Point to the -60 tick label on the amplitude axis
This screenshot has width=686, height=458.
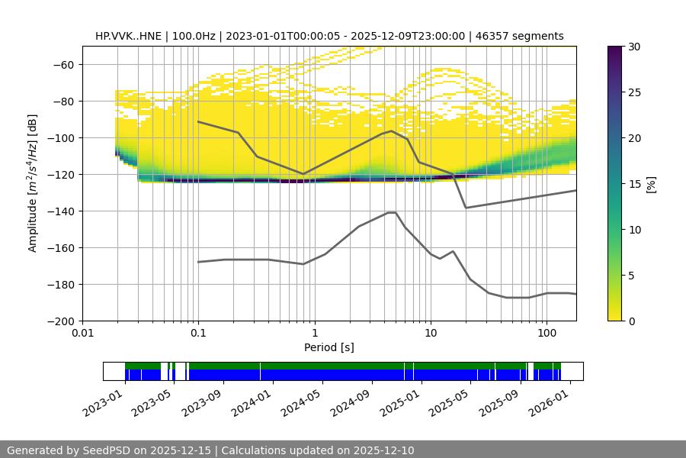point(62,64)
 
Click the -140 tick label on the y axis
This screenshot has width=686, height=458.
point(59,211)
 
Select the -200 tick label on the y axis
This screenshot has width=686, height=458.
point(59,321)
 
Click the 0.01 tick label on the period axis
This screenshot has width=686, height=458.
point(82,334)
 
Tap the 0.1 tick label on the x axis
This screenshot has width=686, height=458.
point(198,334)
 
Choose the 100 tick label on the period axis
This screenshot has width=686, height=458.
point(546,334)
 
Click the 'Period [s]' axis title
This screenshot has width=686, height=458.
point(329,347)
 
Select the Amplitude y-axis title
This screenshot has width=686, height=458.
point(32,183)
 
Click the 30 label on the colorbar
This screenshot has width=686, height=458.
point(634,47)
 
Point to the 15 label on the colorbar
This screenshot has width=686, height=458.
point(634,183)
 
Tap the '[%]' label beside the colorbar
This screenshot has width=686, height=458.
point(650,183)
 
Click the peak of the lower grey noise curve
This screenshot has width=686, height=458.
point(392,212)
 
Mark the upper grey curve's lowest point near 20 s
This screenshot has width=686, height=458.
point(466,208)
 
